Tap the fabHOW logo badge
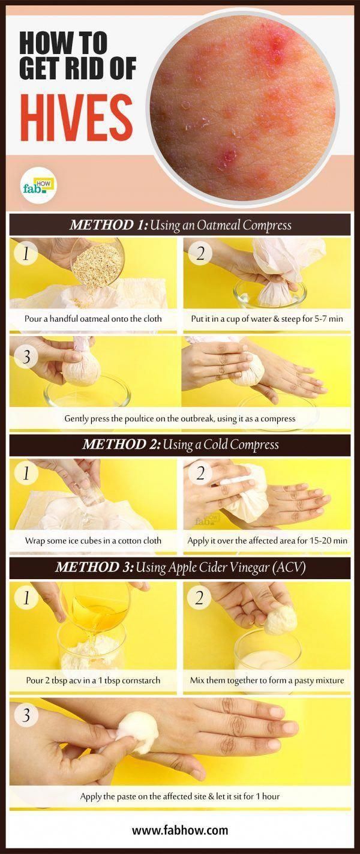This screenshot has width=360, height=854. point(38,185)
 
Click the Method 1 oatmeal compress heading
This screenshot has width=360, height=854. point(180,225)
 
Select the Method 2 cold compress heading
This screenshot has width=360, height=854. point(180,445)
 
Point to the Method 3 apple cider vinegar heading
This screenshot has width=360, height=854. point(180,568)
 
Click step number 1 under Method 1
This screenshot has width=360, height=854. point(26,253)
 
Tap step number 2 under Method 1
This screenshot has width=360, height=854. point(200,253)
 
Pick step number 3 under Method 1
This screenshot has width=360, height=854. point(26,357)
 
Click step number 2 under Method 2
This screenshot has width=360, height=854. point(200,474)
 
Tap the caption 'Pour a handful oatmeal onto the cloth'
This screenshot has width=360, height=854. point(93,318)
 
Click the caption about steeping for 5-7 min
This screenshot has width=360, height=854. point(267,318)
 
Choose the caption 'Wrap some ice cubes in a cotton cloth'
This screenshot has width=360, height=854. point(93,540)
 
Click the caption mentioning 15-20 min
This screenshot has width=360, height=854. point(268,540)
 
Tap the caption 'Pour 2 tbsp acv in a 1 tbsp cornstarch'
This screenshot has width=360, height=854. point(93,680)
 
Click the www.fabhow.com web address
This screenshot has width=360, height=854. point(180,830)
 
